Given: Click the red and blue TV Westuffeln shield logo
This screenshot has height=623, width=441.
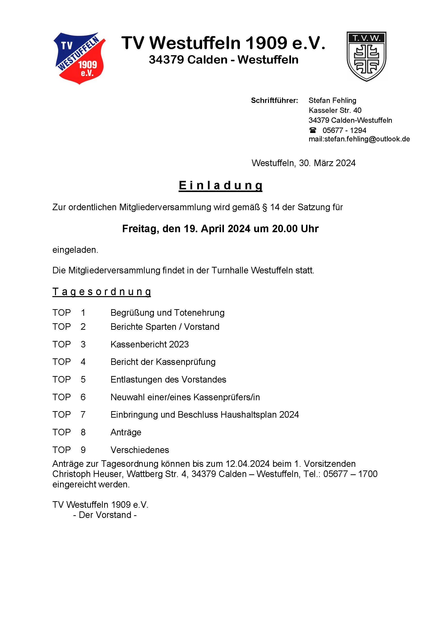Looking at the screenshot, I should [x=79, y=58].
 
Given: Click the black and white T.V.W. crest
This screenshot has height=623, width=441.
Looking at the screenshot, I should [x=366, y=56].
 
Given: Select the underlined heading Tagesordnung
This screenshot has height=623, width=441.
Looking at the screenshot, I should [x=102, y=292].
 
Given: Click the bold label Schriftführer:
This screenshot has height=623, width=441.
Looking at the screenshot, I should [x=274, y=100].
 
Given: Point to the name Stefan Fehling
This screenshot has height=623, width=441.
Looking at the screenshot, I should [x=332, y=100].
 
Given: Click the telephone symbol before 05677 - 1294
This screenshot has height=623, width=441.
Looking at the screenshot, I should [x=313, y=130].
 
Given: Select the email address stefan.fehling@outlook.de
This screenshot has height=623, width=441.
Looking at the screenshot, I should [x=367, y=139].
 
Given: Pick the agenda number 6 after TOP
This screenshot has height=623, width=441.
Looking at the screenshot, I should [x=83, y=397].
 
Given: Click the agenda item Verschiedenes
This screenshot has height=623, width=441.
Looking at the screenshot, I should [x=140, y=450].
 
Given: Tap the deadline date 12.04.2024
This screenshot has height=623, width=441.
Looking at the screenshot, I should [x=248, y=464].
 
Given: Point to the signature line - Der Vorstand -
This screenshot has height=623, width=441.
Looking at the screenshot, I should [x=105, y=515].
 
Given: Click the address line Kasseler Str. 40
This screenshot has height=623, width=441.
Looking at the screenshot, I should [x=335, y=110].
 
